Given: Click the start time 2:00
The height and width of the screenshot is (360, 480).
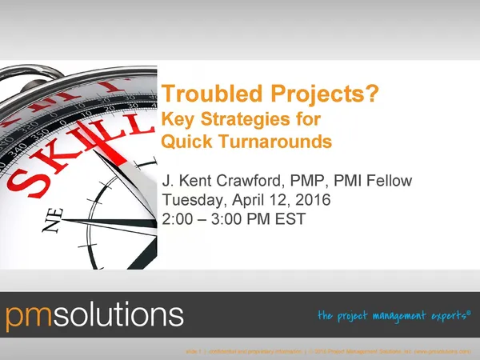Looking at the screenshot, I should (x=178, y=218).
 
